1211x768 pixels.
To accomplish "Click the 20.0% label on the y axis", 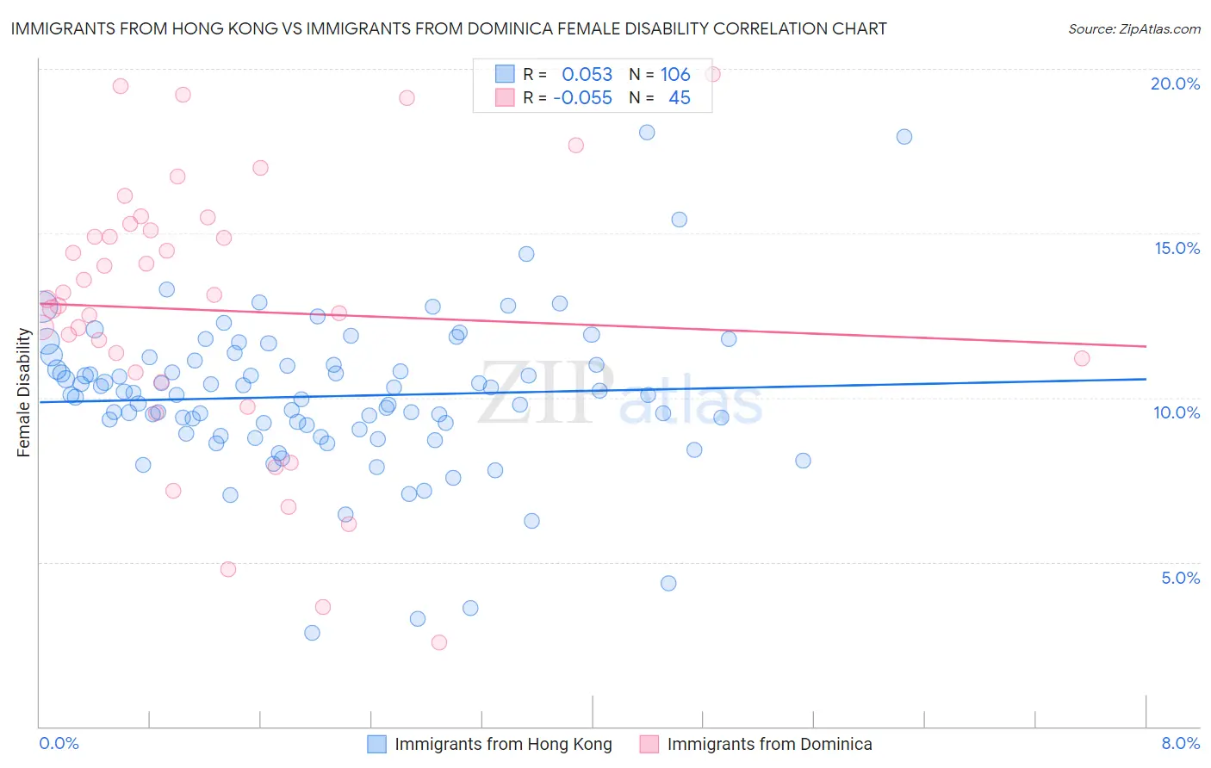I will tap(1175, 84).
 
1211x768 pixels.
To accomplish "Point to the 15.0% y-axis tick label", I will tap(1177, 248).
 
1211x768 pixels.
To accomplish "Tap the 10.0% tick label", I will tap(1177, 412).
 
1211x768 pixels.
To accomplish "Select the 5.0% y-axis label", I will tap(1180, 578).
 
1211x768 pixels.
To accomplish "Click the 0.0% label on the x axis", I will tap(59, 743).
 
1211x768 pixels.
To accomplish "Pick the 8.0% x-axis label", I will tap(1180, 743).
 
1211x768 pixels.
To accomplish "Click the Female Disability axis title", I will tap(24, 393).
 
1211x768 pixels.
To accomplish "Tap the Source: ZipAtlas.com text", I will tap(1133, 29).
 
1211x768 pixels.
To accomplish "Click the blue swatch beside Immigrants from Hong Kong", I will tap(376, 744).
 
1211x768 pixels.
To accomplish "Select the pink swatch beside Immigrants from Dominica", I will tap(649, 744).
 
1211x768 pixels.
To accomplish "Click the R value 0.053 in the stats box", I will tap(587, 75).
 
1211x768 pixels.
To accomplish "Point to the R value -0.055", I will tap(582, 98).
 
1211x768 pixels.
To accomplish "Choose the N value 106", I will tap(675, 75).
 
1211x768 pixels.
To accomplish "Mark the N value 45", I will tap(680, 98).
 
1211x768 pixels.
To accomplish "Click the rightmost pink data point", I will tap(1082, 358).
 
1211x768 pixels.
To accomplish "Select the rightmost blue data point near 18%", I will tap(904, 136).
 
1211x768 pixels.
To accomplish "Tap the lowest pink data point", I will tap(438, 642).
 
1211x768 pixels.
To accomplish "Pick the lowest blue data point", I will tap(312, 633).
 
